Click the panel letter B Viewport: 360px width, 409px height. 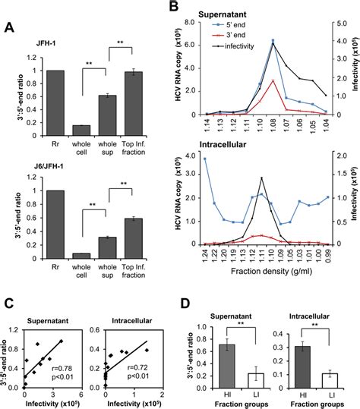(175, 7)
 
